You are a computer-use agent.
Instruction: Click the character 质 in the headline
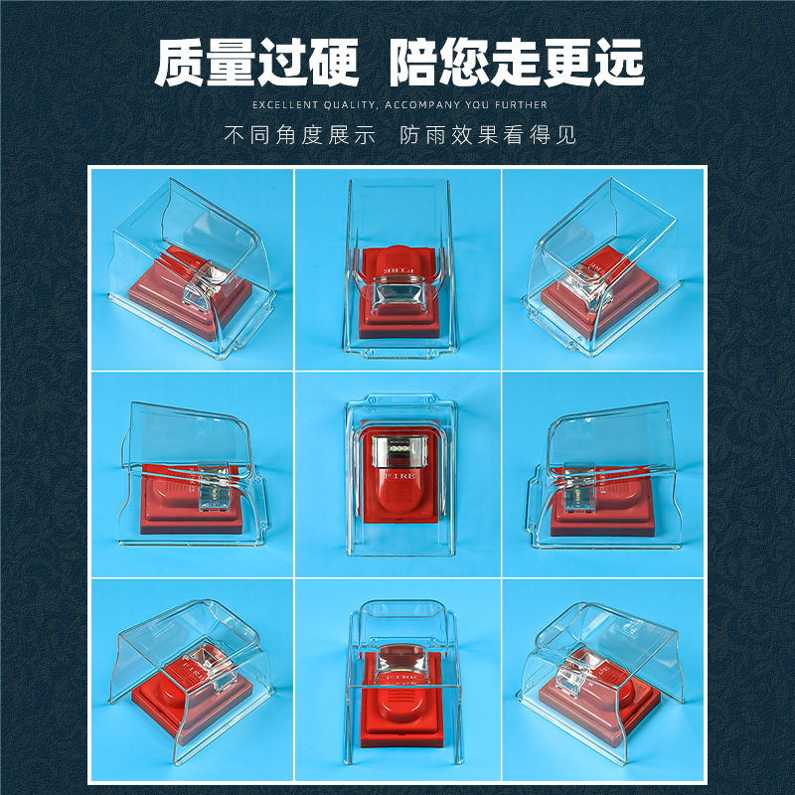click(181, 63)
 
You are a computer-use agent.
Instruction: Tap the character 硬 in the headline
click(335, 63)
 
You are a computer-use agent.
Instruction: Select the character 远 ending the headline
click(619, 63)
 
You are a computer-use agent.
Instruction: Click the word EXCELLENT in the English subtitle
click(278, 105)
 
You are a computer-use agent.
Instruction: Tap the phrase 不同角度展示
click(300, 135)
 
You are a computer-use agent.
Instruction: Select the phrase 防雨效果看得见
click(488, 135)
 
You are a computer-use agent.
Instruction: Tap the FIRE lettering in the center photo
click(400, 476)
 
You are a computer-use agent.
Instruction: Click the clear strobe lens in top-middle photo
click(398, 296)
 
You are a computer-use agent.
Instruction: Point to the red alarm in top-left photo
click(191, 290)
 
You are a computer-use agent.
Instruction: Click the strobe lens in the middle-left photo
click(214, 486)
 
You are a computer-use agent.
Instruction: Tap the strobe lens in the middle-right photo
click(578, 486)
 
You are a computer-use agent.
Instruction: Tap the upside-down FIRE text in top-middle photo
click(398, 270)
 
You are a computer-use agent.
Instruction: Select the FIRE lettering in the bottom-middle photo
click(401, 677)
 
